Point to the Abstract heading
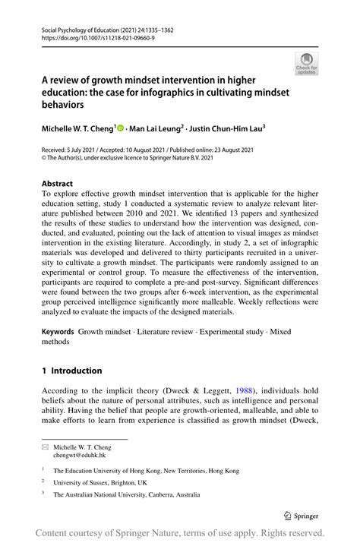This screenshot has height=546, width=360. point(57,184)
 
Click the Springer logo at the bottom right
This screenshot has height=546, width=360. point(302,514)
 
